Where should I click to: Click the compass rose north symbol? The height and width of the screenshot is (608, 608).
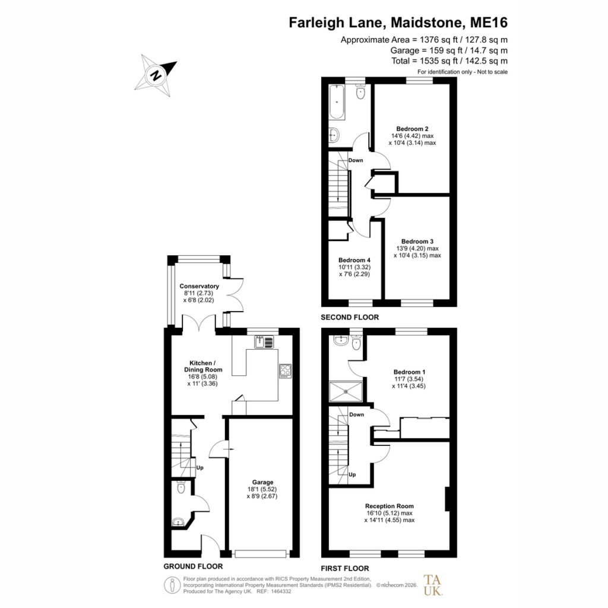(156, 75)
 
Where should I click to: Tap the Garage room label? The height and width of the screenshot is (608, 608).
(262, 482)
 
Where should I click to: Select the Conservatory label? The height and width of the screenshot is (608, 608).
(199, 286)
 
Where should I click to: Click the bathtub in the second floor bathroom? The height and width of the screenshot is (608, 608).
(337, 102)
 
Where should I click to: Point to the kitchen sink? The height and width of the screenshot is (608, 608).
(264, 341)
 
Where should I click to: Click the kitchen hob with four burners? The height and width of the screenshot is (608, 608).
(286, 371)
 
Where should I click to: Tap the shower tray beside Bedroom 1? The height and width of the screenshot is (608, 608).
(346, 392)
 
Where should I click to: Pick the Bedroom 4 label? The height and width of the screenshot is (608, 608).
(354, 260)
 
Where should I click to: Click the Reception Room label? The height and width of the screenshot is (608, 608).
(389, 506)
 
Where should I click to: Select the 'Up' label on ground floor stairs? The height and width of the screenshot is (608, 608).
(199, 468)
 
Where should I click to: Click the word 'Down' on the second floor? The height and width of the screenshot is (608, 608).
(356, 160)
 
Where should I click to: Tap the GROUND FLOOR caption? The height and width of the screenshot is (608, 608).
(193, 566)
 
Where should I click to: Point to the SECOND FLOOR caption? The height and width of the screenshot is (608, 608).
(350, 317)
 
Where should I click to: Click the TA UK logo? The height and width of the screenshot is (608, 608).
(433, 585)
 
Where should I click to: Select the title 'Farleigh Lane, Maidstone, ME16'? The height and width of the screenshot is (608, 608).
(398, 23)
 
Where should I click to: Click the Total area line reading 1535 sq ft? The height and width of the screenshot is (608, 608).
(449, 61)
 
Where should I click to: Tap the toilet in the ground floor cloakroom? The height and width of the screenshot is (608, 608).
(180, 487)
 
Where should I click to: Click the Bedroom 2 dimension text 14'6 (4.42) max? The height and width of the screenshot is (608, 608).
(412, 136)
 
